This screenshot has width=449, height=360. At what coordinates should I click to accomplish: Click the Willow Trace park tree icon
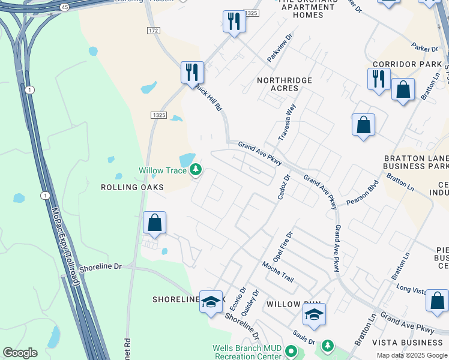(196, 171)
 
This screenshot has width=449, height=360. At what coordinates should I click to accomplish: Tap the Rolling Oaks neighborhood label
(133, 187)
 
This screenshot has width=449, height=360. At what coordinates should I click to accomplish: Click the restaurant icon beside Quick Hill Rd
(192, 73)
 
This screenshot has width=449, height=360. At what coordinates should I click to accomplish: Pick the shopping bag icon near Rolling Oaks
(155, 223)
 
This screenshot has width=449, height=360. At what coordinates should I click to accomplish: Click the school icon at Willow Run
(314, 314)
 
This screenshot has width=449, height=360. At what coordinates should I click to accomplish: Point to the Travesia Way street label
(287, 122)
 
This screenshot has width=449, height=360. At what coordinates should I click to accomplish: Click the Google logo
(20, 353)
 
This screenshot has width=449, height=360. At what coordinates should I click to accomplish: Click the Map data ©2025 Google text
(411, 355)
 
